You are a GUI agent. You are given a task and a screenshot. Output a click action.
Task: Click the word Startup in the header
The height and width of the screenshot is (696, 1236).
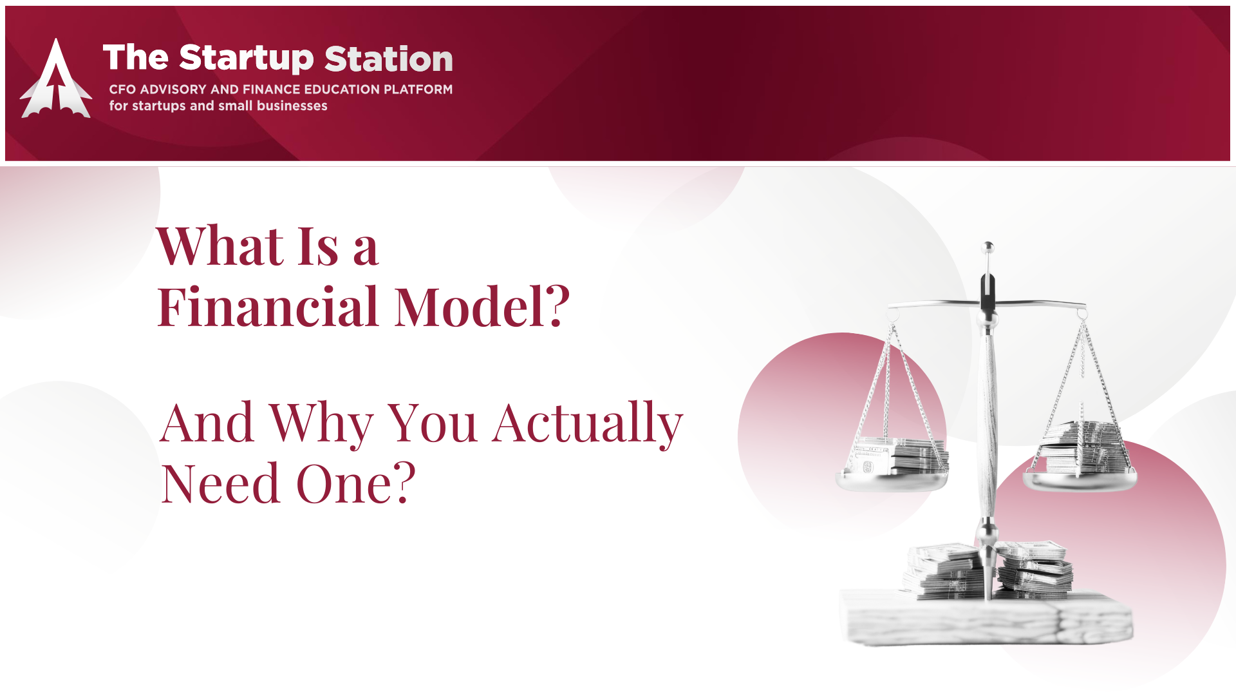point(247,59)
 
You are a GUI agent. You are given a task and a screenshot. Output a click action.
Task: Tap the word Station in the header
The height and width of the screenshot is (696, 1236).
point(389,59)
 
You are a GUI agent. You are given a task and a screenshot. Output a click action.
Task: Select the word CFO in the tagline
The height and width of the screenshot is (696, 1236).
point(122,90)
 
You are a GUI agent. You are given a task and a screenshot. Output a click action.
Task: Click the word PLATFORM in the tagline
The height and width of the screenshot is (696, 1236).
point(418,90)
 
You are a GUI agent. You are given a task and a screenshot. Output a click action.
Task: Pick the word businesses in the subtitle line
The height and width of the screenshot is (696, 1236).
point(292,106)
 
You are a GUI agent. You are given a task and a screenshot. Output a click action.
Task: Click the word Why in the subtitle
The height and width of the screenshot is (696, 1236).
point(321,424)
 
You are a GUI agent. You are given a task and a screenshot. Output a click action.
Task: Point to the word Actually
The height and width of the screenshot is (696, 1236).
point(588,424)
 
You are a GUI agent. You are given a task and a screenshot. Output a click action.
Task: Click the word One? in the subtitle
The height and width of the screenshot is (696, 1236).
point(356,483)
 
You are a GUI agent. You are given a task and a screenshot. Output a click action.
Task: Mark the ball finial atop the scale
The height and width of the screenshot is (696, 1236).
point(988,247)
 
